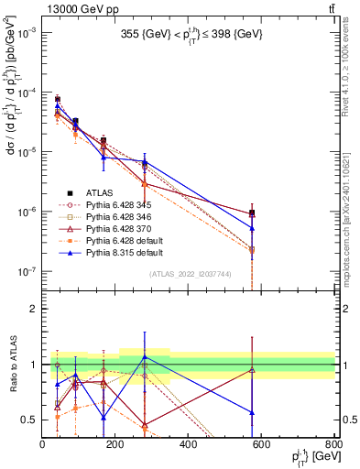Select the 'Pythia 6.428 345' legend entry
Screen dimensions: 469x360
[106, 205]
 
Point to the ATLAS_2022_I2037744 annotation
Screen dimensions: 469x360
[189, 274]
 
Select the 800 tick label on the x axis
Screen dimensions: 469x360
[334, 445]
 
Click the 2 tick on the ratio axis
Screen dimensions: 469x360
[34, 309]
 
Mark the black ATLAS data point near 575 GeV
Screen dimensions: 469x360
[252, 213]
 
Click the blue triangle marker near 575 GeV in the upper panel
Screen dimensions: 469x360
[252, 228]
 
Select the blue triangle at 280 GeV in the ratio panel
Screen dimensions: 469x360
[145, 356]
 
